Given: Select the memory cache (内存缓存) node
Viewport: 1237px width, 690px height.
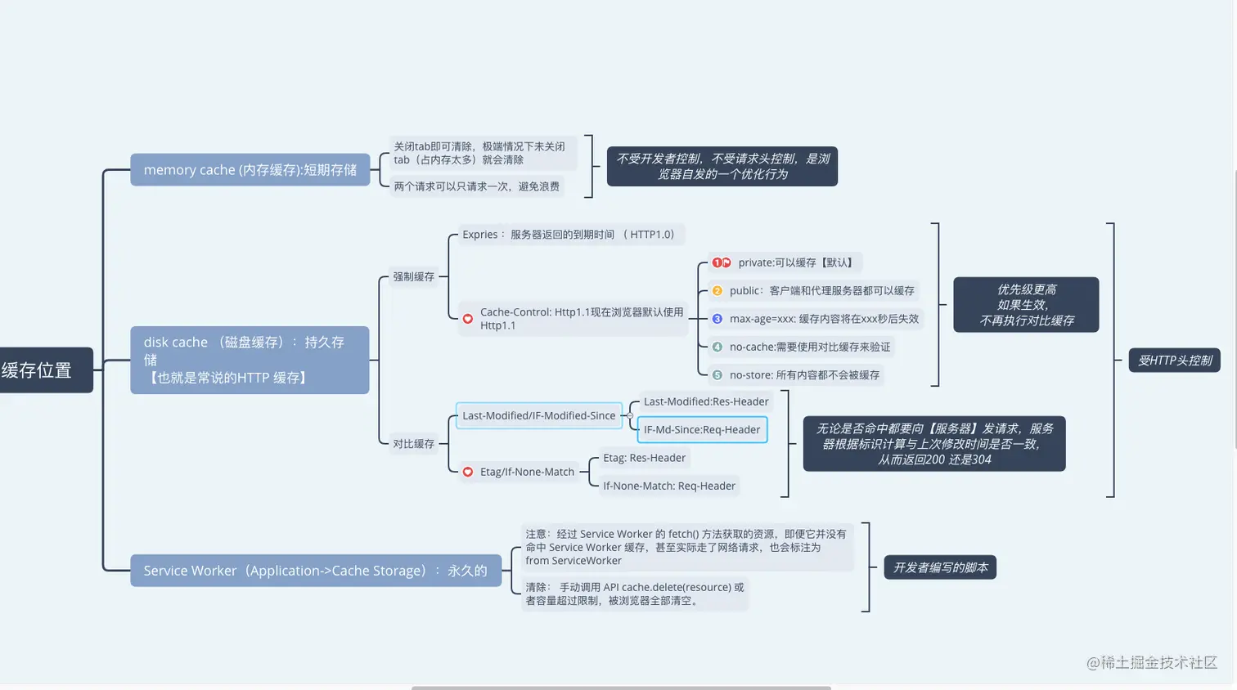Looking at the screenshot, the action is (250, 170).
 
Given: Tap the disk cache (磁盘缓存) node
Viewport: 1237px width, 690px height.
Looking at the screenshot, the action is (250, 360).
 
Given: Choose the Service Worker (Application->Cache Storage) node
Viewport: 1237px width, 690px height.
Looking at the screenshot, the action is (315, 571).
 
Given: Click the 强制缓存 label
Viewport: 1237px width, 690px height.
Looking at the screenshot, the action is (413, 277).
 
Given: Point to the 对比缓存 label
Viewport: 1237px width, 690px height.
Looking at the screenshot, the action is (413, 444).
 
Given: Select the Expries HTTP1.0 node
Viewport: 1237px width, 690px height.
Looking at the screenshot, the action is (569, 235).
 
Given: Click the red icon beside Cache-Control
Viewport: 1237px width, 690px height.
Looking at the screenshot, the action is (468, 319).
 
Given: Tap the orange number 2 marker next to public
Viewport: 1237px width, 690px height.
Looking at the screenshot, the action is (717, 291).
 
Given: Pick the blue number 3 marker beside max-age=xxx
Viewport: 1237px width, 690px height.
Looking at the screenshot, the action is (717, 319).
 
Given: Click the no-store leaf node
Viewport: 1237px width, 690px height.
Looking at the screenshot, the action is (804, 375).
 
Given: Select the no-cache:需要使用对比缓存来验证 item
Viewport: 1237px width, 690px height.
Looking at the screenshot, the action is (809, 347).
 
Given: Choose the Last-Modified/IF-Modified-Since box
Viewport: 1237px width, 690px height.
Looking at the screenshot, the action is (538, 416).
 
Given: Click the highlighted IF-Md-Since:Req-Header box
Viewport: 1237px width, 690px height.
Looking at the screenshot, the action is (702, 430).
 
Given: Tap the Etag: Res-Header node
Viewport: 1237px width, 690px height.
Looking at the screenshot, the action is (644, 458).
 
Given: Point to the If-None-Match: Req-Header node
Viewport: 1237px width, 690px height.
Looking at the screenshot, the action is (668, 486).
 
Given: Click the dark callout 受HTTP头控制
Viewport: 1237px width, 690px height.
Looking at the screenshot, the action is (1175, 361).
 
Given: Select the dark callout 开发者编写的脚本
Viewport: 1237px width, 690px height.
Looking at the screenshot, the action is (940, 567).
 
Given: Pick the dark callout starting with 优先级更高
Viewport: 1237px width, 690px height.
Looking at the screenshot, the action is (1026, 305).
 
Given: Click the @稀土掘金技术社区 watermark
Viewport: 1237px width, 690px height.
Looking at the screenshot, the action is (1152, 663).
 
